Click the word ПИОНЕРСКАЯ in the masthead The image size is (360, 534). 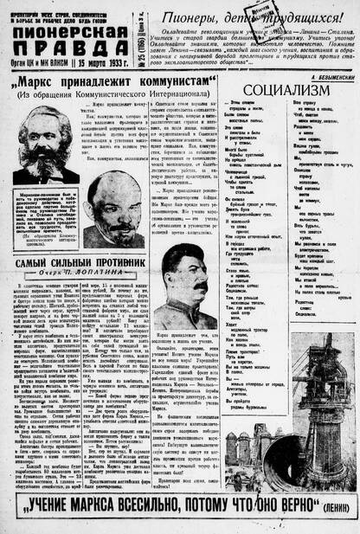(x=71, y=31)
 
